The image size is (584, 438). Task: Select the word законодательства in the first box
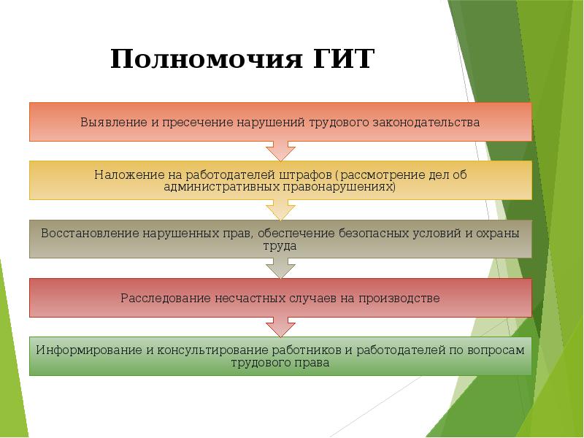(x=431, y=122)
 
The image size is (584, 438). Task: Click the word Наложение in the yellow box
(x=123, y=175)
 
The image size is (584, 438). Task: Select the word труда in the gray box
(x=280, y=246)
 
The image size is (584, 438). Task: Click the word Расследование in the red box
(x=166, y=299)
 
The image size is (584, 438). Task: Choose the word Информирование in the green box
(x=83, y=350)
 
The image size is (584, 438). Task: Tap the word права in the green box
(x=314, y=362)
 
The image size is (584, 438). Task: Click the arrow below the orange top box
(x=280, y=150)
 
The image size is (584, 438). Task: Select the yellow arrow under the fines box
(x=280, y=210)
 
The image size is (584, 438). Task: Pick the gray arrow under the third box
(x=280, y=268)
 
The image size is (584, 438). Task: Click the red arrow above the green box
(x=280, y=326)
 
